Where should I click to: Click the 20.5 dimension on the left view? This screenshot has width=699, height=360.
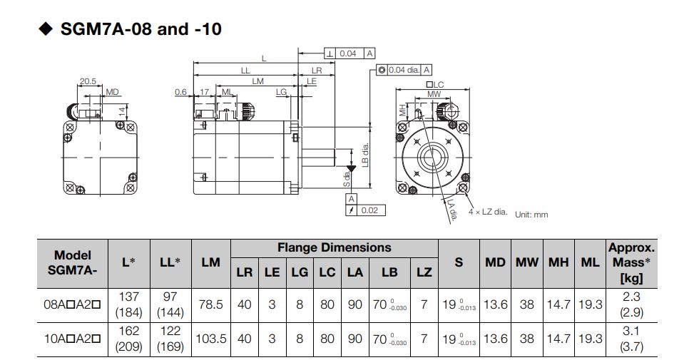tap(88, 81)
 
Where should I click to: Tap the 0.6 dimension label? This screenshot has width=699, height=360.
tap(180, 92)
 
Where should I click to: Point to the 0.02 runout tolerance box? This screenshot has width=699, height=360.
tap(369, 210)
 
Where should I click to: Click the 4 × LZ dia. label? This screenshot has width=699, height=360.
tap(488, 212)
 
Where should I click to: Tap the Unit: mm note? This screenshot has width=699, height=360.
tap(531, 215)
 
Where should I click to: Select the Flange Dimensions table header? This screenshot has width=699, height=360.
tap(334, 247)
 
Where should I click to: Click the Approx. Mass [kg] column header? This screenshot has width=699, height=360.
tap(631, 262)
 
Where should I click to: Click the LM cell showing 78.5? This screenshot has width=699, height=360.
tap(210, 304)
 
